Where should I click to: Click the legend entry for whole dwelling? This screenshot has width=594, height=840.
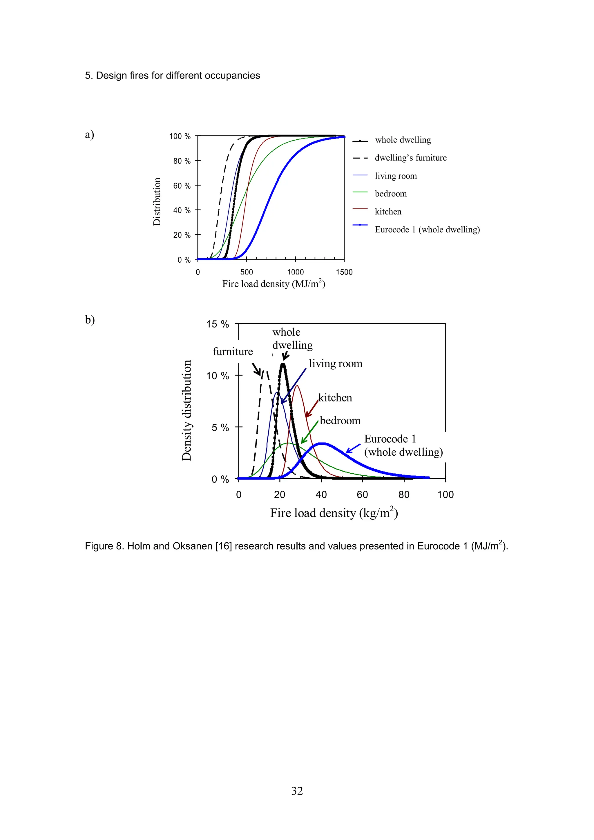pos(403,140)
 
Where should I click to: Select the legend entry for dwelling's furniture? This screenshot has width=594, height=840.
pos(410,158)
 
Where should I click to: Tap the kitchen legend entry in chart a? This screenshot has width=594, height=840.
pos(388,212)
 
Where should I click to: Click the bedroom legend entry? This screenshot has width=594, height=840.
pos(390,194)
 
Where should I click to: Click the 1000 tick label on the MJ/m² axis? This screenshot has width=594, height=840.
pos(295,272)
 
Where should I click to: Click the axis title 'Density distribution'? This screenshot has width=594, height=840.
pos(187,410)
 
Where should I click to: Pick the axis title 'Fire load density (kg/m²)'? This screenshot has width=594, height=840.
pos(334,513)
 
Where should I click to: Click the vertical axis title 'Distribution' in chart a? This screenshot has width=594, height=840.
pos(157,201)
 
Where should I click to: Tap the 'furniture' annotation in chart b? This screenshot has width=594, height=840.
pos(233,352)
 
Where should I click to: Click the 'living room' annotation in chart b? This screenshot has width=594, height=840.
pos(335,364)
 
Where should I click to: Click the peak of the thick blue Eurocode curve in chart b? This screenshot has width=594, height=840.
pos(321,444)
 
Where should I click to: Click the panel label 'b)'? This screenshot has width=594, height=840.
pos(90,320)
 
